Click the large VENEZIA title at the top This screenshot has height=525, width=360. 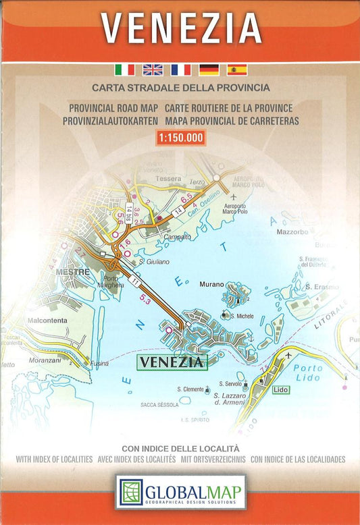180,28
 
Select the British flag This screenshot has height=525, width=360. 153,70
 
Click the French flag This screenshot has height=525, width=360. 180,70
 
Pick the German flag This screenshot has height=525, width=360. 209,70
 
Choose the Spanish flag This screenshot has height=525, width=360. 237,70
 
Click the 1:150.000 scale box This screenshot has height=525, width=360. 180,137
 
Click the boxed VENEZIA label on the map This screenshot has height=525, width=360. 172,362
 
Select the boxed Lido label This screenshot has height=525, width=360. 281,390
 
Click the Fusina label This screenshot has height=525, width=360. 98,363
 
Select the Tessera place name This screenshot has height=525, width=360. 168,179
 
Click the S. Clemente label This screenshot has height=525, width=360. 190,389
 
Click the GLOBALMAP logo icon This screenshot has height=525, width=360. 131,493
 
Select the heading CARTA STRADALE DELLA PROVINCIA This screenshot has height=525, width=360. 180,88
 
